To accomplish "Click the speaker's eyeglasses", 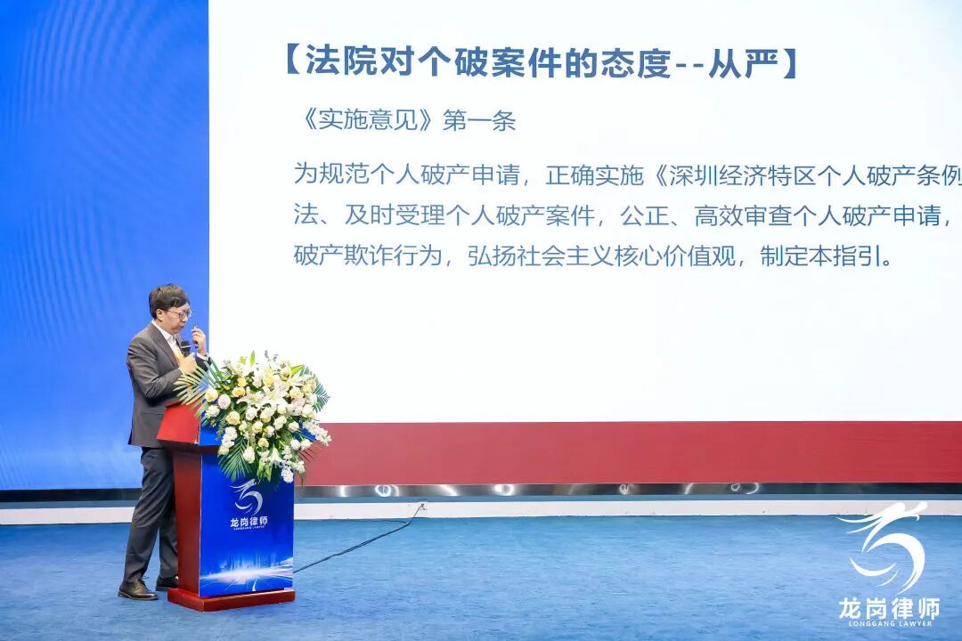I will (x=178, y=313).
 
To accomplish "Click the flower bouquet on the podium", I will (x=258, y=414).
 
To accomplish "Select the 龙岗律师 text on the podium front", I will (x=248, y=521).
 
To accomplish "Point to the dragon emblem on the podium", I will (x=247, y=494).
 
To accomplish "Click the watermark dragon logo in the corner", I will (x=886, y=547).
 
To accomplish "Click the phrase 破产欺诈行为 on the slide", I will (x=368, y=256).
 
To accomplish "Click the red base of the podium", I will (x=230, y=597).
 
